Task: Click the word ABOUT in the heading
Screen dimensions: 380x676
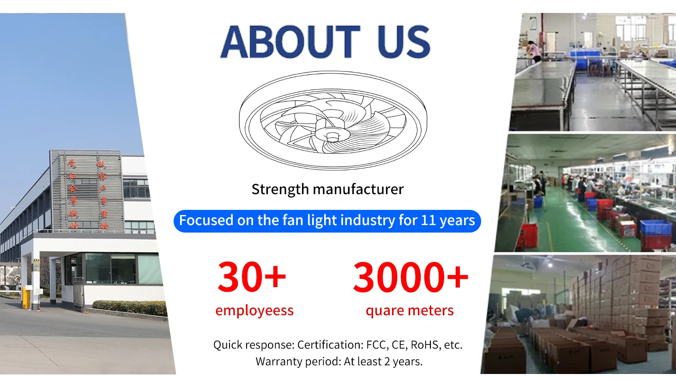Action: [x=290, y=42]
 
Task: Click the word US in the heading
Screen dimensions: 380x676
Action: [x=404, y=42]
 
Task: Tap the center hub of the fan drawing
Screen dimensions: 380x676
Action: [x=332, y=136]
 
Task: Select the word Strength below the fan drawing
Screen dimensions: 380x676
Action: [x=280, y=189]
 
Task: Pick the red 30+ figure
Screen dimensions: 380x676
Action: [x=252, y=277]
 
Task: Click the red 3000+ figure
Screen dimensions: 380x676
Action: [x=410, y=277]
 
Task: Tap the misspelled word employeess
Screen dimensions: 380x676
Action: [x=254, y=310]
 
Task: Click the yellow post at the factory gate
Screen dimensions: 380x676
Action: [x=24, y=298]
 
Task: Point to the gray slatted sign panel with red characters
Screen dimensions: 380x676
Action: [x=86, y=190]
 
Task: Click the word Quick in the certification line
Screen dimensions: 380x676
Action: [x=230, y=345]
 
